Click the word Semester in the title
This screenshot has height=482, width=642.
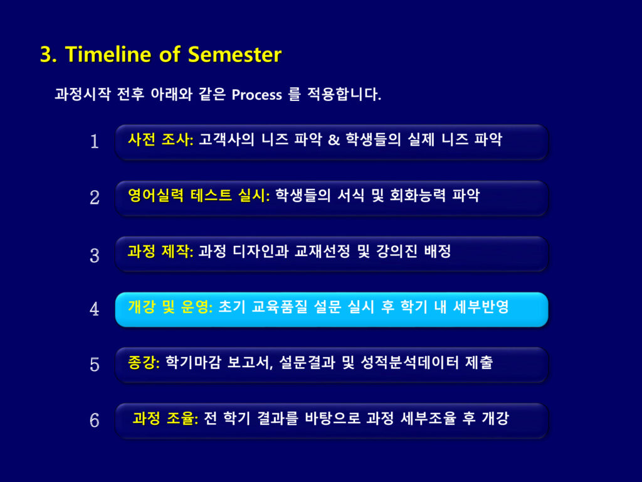[x=234, y=54]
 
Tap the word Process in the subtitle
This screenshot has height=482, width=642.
[x=256, y=95]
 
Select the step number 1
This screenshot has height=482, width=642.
[x=95, y=141]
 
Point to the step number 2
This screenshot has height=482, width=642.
[x=95, y=198]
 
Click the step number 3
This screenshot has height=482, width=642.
[x=95, y=255]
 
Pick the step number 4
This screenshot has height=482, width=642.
[x=95, y=309]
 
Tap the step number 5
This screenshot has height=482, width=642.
[x=95, y=365]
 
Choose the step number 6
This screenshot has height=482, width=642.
[x=95, y=420]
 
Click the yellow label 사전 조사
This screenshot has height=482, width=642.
[x=160, y=140]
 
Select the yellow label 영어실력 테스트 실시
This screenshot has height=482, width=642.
[x=199, y=196]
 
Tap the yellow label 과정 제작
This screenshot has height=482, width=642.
[x=160, y=251]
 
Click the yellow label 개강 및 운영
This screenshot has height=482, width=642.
[x=171, y=307]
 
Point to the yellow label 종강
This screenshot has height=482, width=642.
[x=144, y=362]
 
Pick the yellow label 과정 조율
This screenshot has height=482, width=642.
[x=166, y=419]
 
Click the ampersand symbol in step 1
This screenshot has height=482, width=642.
[x=334, y=140]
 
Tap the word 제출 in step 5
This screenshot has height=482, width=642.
[x=478, y=362]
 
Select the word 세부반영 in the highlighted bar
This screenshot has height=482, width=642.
[x=481, y=307]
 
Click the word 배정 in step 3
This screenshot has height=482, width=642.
[x=437, y=251]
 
